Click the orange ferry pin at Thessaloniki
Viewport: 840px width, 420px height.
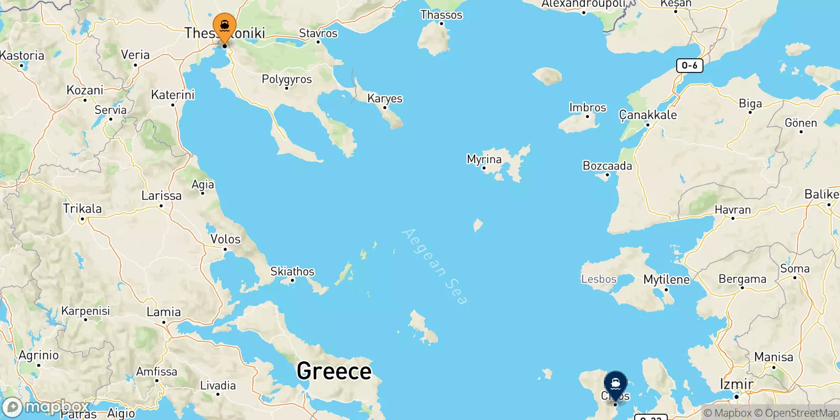tap(225, 27)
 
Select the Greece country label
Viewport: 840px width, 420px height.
tap(334, 371)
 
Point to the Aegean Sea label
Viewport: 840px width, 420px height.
tap(435, 266)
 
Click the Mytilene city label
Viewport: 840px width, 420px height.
tap(666, 279)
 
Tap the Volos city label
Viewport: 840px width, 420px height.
tap(225, 239)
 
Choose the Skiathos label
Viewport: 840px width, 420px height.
tap(292, 271)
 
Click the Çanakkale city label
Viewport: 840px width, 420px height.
tap(648, 115)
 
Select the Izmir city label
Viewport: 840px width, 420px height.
tap(736, 384)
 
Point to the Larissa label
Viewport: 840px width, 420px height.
tap(161, 196)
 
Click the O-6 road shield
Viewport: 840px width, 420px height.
tap(689, 66)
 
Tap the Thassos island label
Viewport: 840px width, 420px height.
tap(441, 15)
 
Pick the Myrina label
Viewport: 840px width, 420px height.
tap(484, 159)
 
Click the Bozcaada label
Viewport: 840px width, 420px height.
tap(607, 166)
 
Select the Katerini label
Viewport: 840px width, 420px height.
tap(173, 95)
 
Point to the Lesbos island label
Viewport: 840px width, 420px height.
tap(598, 279)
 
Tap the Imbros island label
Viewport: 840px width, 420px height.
tap(587, 108)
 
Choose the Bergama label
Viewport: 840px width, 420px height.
tap(742, 279)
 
